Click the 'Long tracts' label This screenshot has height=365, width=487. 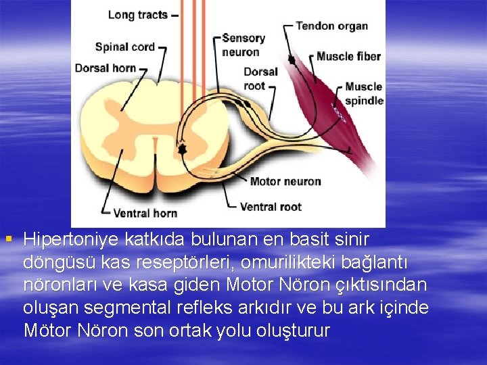click(x=137, y=15)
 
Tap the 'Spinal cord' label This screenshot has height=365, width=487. click(x=125, y=47)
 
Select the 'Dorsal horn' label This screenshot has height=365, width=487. click(x=105, y=68)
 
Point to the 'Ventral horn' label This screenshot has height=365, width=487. click(x=145, y=213)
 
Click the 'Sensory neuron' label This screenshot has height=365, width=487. click(x=243, y=45)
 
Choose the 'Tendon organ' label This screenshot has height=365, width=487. click(x=331, y=26)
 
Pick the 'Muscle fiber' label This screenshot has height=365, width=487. click(x=348, y=56)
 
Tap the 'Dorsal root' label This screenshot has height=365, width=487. click(x=260, y=78)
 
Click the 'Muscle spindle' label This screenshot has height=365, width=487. click(x=363, y=93)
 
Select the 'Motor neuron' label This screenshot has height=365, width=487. click(x=285, y=181)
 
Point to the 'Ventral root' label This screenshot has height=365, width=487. click(x=271, y=206)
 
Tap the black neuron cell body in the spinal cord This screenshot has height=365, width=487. click(x=181, y=147)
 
